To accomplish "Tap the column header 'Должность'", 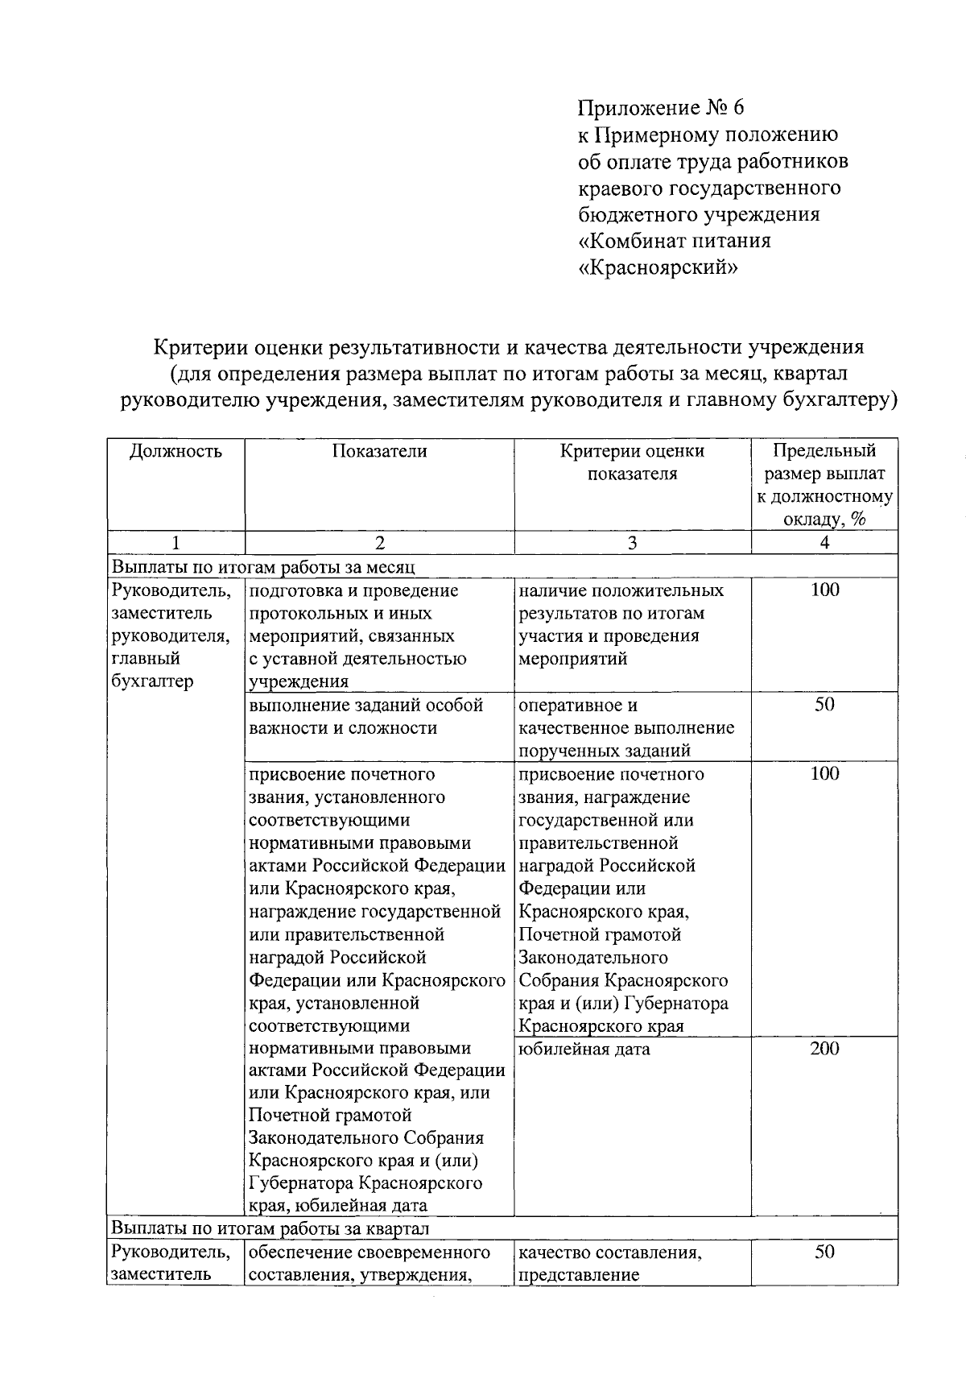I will (175, 451).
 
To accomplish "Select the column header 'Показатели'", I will (379, 451).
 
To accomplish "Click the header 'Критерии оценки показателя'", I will (632, 462).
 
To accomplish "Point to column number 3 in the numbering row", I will (632, 543).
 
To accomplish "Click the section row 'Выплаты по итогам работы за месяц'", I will (263, 566).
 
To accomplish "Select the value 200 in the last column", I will (824, 1049).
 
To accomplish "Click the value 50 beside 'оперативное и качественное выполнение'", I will (824, 705).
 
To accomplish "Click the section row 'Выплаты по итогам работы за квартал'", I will (270, 1228).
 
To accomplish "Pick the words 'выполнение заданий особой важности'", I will (366, 716).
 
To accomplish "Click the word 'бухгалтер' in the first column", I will (152, 681).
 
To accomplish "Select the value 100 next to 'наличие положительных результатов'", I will (824, 590).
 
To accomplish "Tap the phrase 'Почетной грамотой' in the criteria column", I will (600, 935).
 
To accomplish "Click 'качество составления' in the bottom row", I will (609, 1253).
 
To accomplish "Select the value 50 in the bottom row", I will (824, 1252).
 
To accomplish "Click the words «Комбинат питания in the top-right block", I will (675, 241).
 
